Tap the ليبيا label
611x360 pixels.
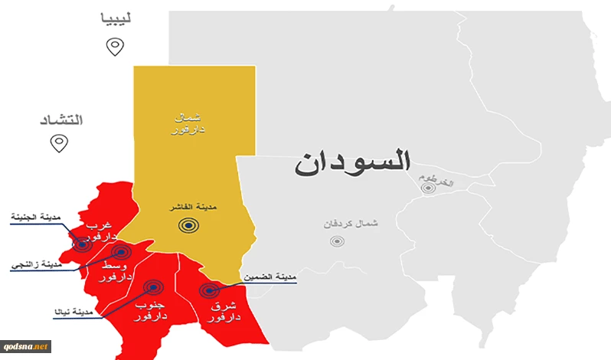116,18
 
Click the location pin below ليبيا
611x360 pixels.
115,47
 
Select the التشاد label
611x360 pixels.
60,120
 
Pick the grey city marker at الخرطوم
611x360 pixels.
428,188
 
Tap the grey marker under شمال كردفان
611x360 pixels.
337,241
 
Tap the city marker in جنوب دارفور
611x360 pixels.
154,287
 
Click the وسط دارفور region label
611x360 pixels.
118,270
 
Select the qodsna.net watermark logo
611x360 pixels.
25,346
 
